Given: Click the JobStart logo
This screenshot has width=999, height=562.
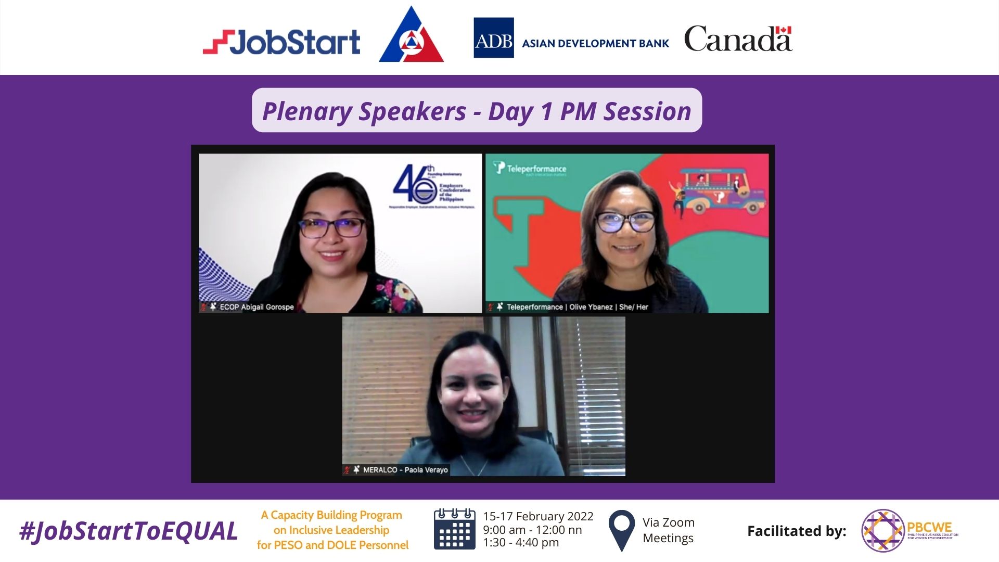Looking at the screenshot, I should point(281,42).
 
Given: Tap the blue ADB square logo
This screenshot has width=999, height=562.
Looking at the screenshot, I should point(493,38).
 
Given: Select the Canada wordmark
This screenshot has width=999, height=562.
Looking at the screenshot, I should point(738,39).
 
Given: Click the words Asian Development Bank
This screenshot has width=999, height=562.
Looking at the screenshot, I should point(595,44).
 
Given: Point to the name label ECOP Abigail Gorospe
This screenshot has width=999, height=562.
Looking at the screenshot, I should point(256,307).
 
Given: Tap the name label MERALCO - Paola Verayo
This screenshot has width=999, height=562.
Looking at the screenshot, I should point(405,470).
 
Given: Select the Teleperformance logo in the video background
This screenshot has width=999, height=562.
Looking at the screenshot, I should point(530,169).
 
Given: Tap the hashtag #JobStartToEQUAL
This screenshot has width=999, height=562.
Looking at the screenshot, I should point(129,531).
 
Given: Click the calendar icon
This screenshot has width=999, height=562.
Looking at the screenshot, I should point(454,529).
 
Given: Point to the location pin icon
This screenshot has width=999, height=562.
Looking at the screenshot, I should point(621,529).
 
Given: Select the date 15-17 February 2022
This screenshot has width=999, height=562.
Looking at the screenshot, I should point(538,516).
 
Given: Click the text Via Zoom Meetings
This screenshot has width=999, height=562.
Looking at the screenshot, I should point(668,530).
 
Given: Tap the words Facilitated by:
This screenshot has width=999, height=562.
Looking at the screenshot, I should point(796,531).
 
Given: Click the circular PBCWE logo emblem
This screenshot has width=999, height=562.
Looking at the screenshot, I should point(883,531).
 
